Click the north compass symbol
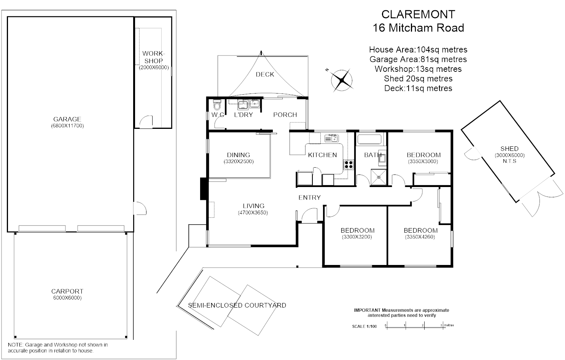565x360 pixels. click(341, 80)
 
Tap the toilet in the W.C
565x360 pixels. click(217, 105)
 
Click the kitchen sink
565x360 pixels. click(331, 138)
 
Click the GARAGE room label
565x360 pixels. click(67, 119)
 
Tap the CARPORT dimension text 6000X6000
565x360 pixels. click(67, 298)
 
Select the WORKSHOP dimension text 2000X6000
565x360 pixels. click(153, 67)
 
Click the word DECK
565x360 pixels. click(265, 75)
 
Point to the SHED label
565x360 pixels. click(509, 149)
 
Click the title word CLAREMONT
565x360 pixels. click(418, 14)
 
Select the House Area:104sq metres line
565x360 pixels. click(418, 49)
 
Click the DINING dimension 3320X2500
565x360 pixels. click(239, 161)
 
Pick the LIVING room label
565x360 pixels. click(253, 206)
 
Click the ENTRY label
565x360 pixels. click(309, 197)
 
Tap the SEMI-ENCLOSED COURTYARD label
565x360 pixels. click(237, 305)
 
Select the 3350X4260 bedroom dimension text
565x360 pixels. click(420, 237)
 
